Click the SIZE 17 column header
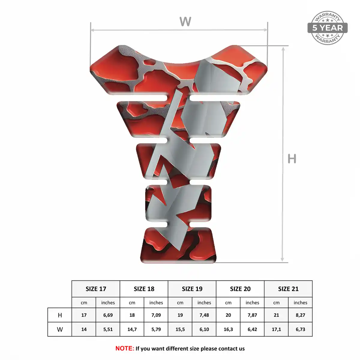click(x=96, y=289)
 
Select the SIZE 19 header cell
click(x=192, y=289)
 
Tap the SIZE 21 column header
click(x=288, y=289)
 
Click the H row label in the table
click(x=60, y=315)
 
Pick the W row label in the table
click(x=60, y=329)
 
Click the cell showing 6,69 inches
click(x=108, y=315)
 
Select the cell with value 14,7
click(x=132, y=329)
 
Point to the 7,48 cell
click(x=204, y=315)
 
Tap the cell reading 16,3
click(x=228, y=329)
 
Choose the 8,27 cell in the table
click(x=300, y=315)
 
